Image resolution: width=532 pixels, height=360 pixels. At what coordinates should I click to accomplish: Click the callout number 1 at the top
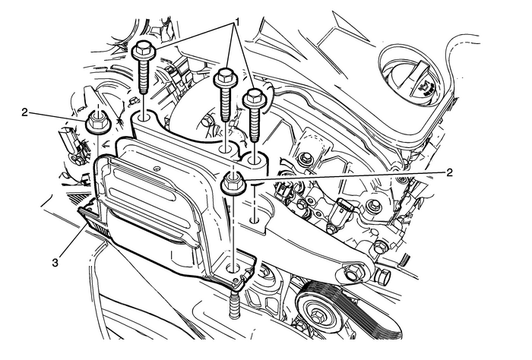(237, 23)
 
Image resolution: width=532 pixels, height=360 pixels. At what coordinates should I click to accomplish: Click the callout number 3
(55, 263)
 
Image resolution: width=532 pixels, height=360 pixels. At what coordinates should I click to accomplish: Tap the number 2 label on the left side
(24, 112)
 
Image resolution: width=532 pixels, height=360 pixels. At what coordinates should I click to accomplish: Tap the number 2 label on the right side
(450, 173)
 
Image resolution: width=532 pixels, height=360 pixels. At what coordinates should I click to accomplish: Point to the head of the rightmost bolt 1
(254, 97)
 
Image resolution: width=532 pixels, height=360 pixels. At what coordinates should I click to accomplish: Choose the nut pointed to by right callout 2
(234, 184)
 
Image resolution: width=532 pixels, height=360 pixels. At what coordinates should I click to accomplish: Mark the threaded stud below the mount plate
(234, 303)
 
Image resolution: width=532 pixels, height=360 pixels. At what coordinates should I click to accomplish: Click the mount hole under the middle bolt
(225, 148)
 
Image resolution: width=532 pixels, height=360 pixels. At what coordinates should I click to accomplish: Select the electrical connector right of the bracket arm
(342, 214)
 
